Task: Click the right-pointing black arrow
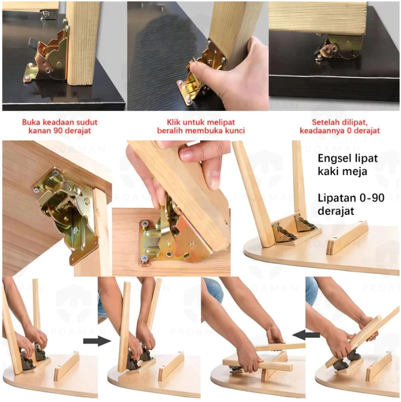click(x=97, y=341)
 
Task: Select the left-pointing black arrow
click(x=306, y=334)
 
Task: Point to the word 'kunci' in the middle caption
click(x=235, y=131)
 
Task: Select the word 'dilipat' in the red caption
click(x=356, y=122)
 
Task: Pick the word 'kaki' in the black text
click(x=330, y=171)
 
